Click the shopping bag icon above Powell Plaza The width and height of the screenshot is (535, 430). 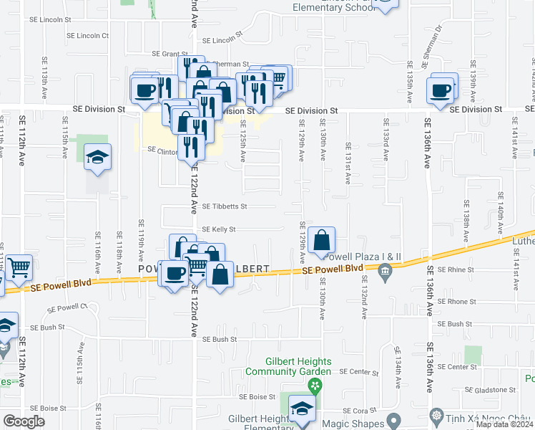coord(322,239)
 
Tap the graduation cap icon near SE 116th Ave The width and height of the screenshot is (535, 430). coord(98,158)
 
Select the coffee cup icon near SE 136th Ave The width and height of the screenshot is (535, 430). coord(441,91)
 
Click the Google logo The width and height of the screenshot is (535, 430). coord(24,421)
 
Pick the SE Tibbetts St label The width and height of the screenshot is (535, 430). coord(225,206)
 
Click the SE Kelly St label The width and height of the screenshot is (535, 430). coord(219,229)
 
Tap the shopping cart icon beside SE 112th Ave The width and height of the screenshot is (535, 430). coord(19,268)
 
